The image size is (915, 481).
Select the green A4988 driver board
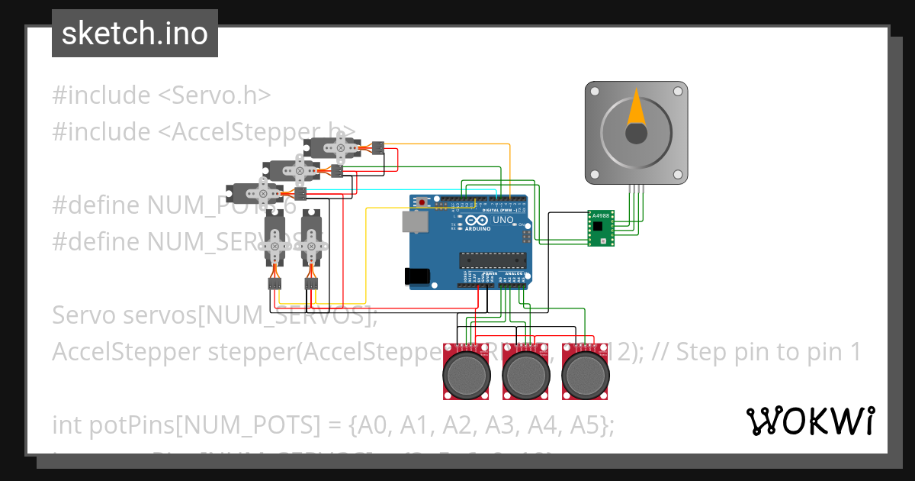(602, 228)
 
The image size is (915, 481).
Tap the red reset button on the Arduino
(422, 202)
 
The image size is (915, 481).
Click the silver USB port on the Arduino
(416, 221)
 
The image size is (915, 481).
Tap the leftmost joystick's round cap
(466, 373)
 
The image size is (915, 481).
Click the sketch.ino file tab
(135, 34)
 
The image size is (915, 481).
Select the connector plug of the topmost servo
(377, 147)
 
